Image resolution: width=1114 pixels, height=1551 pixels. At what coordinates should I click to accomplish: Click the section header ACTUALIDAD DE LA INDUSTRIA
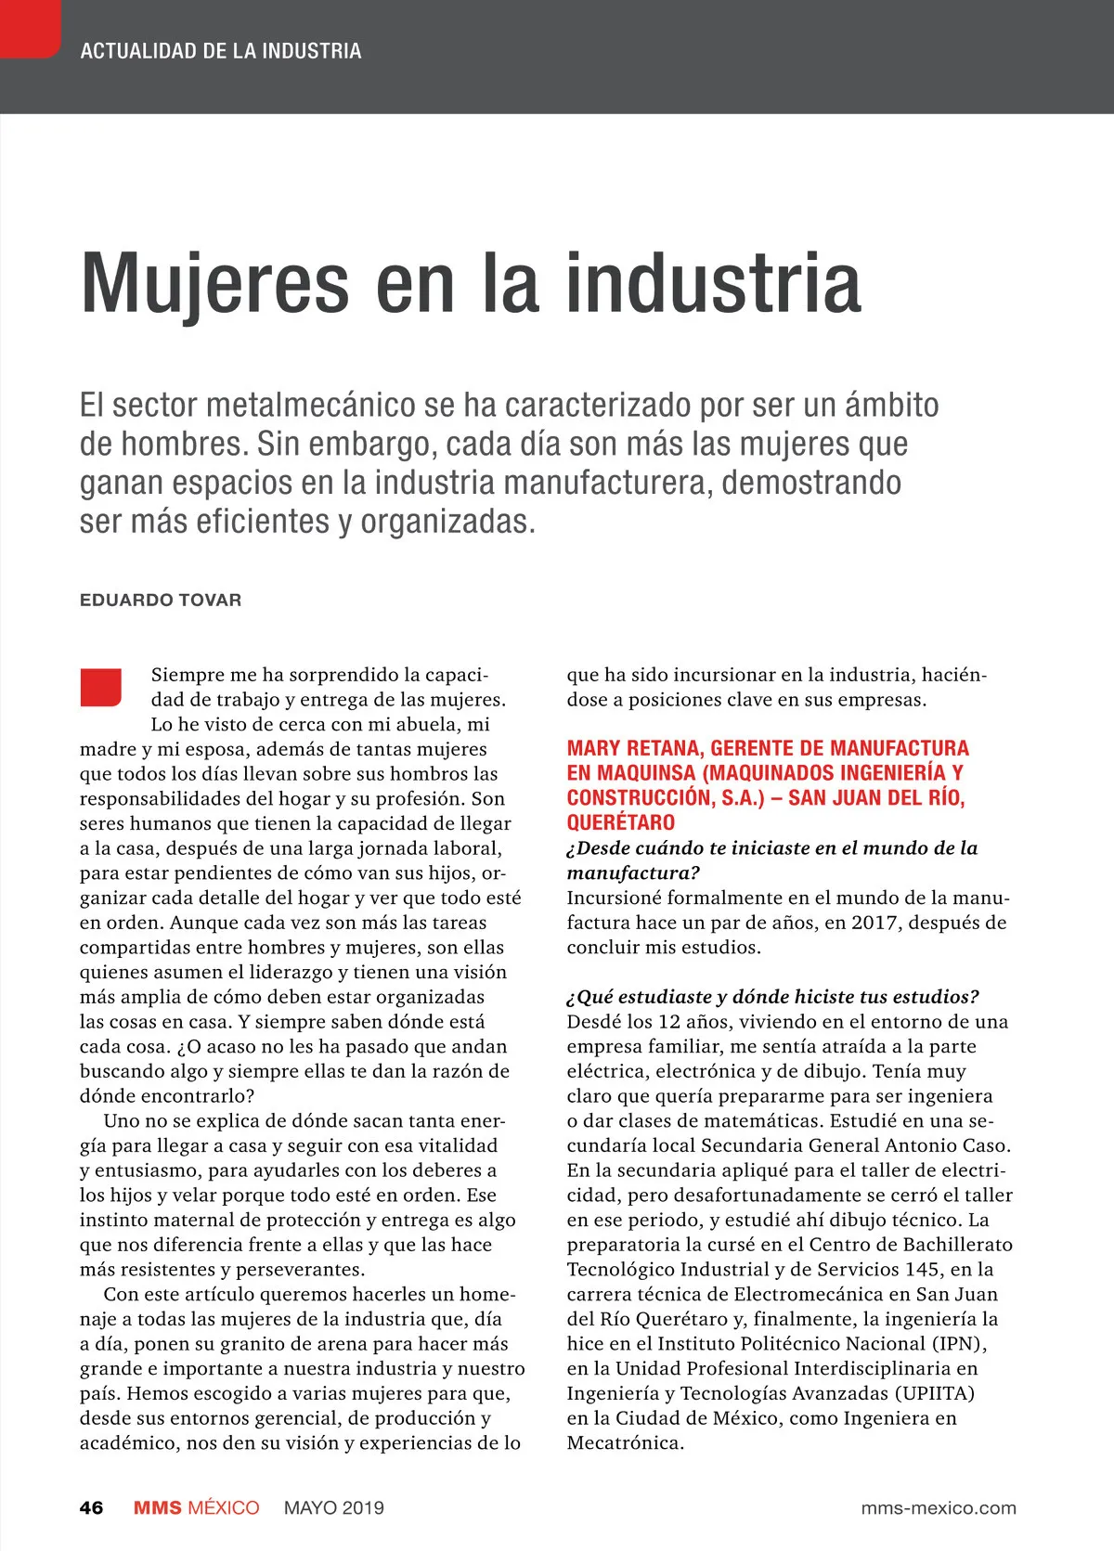coord(221,51)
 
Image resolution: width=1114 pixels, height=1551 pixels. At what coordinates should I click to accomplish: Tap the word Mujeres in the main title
coord(214,283)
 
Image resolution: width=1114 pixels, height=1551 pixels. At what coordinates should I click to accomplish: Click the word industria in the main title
coord(713,283)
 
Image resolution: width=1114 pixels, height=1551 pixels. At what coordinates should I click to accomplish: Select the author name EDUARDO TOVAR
coord(161,600)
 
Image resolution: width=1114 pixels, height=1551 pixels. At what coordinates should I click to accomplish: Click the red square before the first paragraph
coord(101,687)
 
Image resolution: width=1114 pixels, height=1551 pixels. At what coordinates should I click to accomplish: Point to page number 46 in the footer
coord(91,1507)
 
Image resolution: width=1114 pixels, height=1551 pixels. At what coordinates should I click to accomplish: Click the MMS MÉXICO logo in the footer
coord(196,1507)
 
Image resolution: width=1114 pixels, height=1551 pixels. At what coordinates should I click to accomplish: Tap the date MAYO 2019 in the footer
coord(334,1507)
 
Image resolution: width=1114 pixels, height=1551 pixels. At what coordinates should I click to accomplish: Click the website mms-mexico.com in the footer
coord(939,1507)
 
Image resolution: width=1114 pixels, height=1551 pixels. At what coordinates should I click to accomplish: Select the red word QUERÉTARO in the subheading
coord(621,822)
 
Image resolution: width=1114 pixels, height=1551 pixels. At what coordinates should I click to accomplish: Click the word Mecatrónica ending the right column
coord(625,1443)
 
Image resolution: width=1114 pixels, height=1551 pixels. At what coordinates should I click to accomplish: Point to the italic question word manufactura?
coord(633,872)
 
